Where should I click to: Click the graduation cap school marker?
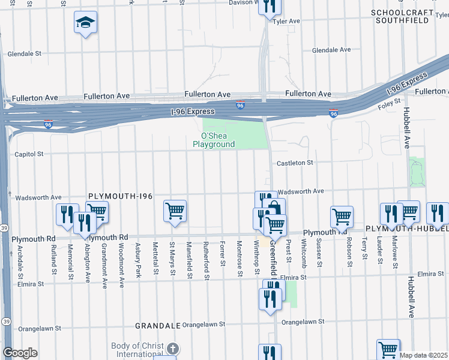pos(86,23)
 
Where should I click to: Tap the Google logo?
pos(20,353)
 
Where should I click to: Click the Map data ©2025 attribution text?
pos(424,355)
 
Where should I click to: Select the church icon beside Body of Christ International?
pos(173,349)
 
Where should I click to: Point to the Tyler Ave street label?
pos(286,21)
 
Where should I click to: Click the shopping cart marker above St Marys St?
pos(175,211)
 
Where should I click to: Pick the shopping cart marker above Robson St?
pos(342,217)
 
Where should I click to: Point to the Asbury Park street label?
pos(138,256)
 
